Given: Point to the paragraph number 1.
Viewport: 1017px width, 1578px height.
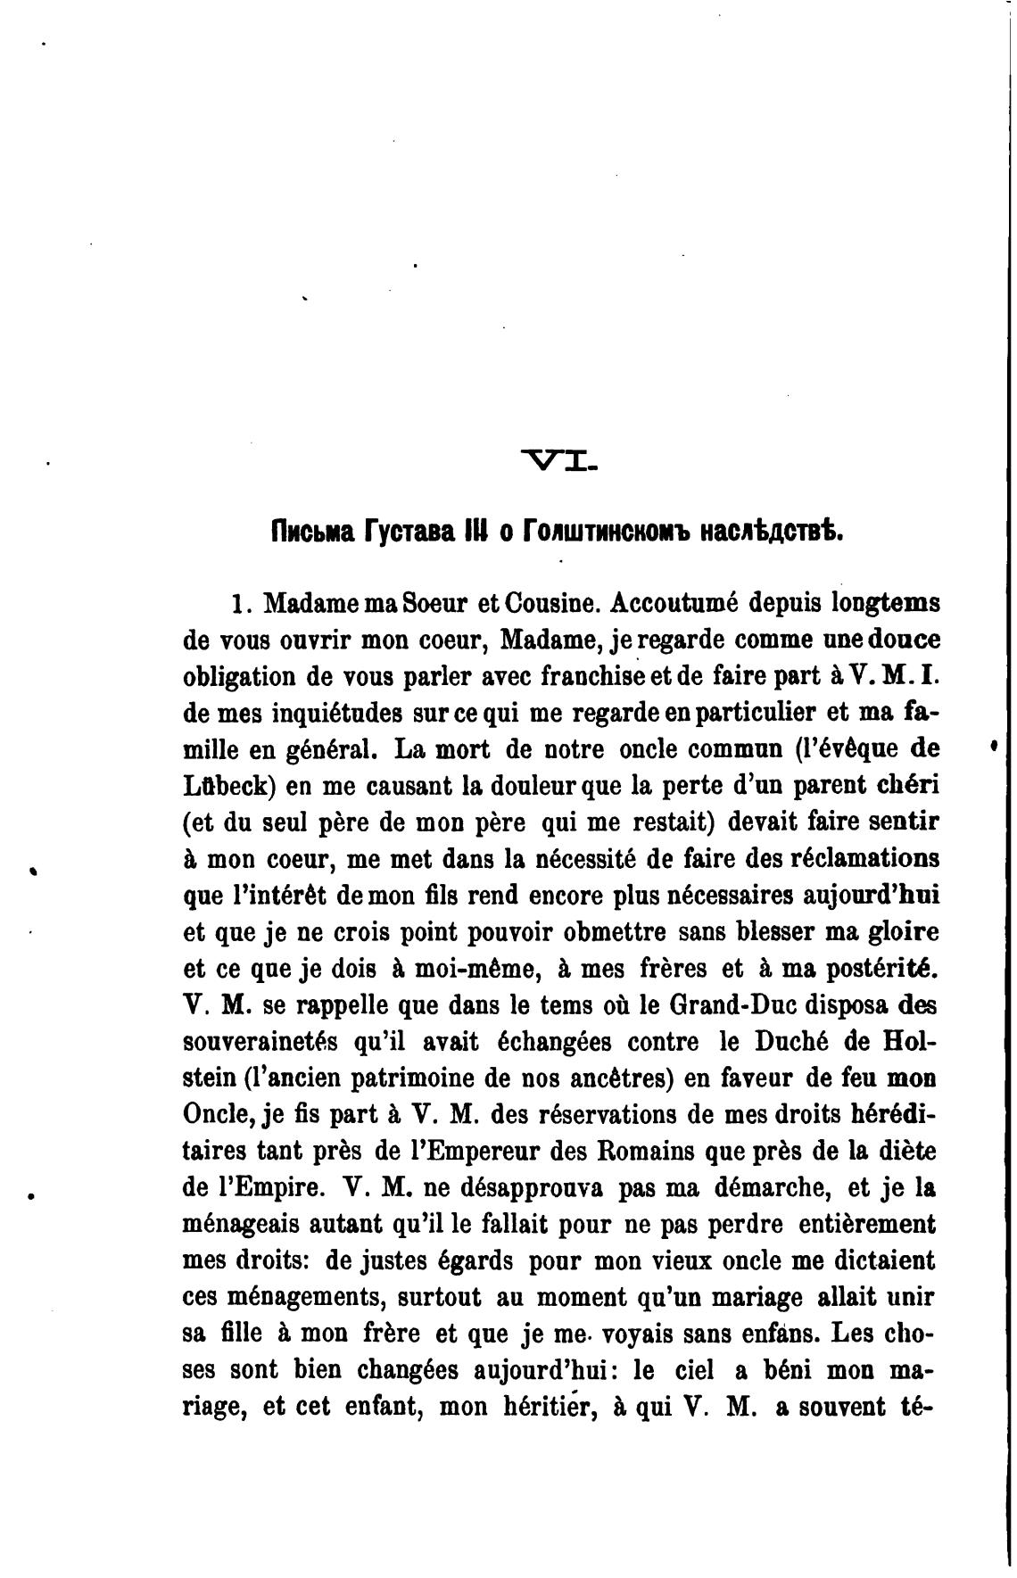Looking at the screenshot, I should (x=236, y=604).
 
